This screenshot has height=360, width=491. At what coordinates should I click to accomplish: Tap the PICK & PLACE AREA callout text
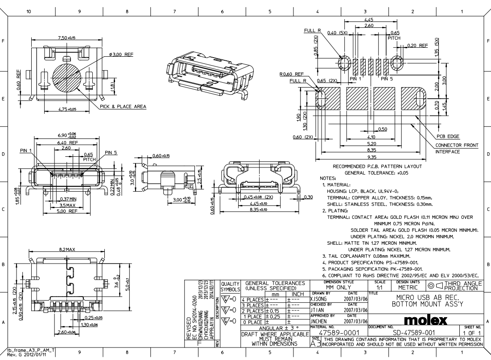123,106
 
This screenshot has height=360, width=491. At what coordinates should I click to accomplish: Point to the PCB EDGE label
447,136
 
